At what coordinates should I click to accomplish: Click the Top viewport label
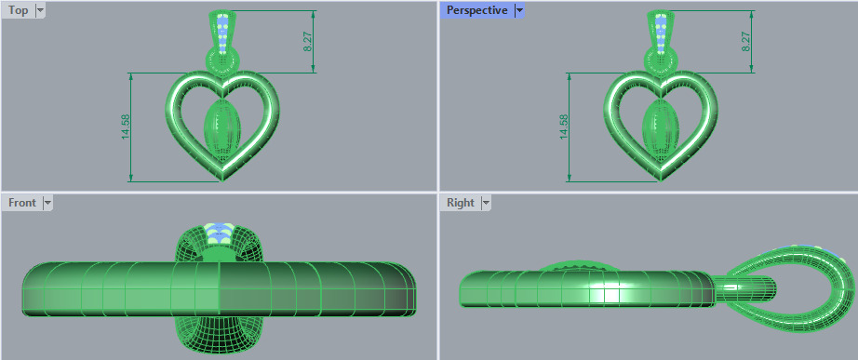[x=18, y=10]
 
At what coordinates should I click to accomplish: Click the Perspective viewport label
[x=476, y=10]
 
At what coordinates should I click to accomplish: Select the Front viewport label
[x=21, y=203]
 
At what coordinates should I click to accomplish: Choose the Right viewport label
[x=460, y=203]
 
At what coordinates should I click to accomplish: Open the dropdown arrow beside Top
[x=39, y=10]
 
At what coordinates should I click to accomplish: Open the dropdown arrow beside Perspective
[x=519, y=10]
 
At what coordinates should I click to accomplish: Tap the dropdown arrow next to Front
[x=47, y=203]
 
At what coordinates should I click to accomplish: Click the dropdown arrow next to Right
[x=484, y=203]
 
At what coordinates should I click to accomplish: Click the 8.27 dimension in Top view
[x=308, y=42]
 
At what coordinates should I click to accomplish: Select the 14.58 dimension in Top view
[x=126, y=127]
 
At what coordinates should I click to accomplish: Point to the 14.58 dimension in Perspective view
[x=562, y=127]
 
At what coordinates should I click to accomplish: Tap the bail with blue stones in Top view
[x=222, y=33]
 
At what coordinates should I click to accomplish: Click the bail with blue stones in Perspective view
[x=659, y=33]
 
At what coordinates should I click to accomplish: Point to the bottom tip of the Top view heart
[x=222, y=177]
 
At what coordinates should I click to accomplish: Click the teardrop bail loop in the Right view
[x=800, y=279]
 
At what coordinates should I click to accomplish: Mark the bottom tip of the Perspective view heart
[x=659, y=177]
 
